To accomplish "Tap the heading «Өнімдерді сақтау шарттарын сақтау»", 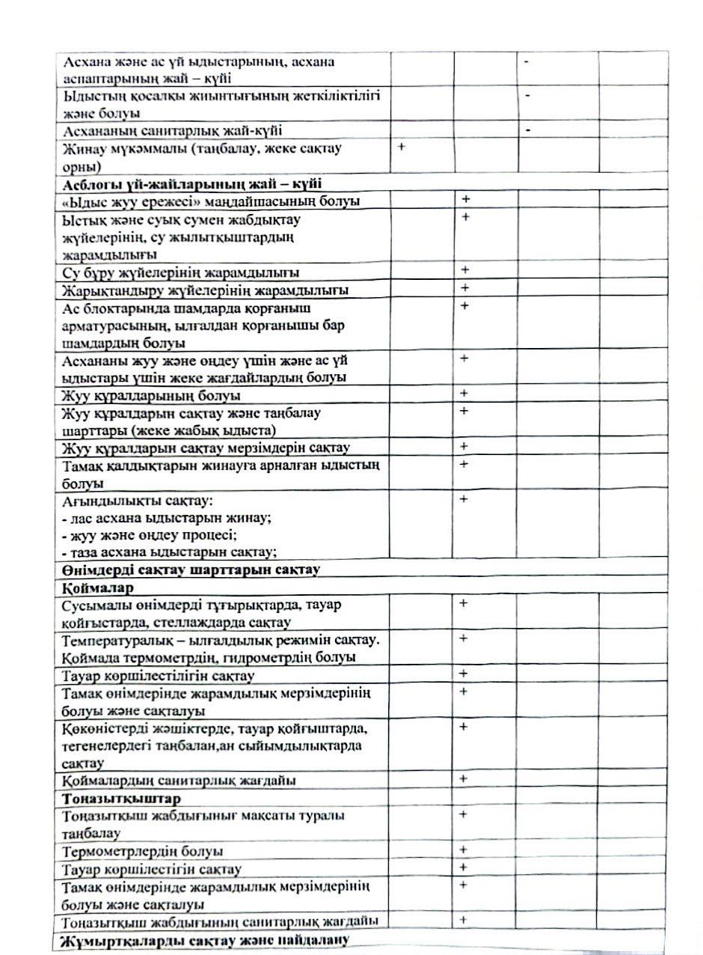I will (x=191, y=570).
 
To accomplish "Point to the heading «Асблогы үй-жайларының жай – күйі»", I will (x=188, y=184).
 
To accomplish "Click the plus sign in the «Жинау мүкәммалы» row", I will (x=402, y=147).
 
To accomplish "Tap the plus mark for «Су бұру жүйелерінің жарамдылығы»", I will (x=464, y=270).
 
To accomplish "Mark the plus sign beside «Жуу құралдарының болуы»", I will (x=464, y=394).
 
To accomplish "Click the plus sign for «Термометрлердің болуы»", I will (x=464, y=850).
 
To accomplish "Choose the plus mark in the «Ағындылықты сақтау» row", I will (x=464, y=499).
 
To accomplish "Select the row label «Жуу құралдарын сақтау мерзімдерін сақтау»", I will (x=206, y=448).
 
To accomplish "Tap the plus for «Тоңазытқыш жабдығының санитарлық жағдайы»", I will (x=464, y=921).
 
